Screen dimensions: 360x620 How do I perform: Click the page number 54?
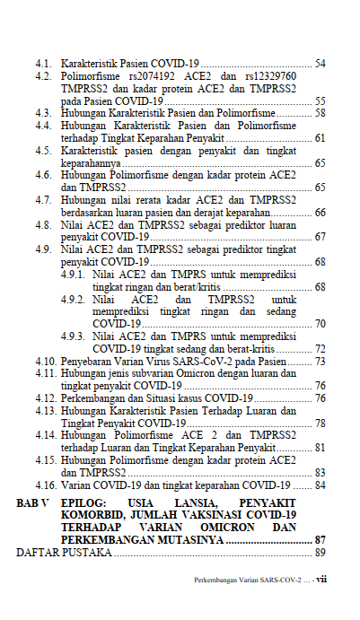(320, 64)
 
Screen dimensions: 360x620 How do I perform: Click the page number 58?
(320, 114)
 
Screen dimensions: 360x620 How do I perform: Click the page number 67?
(320, 237)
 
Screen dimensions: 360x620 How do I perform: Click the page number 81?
(320, 447)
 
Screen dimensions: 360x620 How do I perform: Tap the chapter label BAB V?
(34, 503)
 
